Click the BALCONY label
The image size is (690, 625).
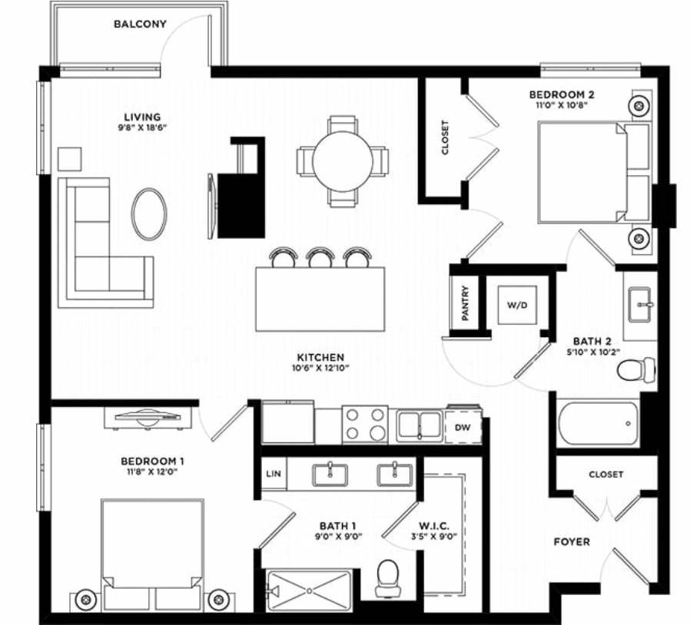[x=140, y=24]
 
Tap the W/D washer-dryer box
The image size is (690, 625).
[x=517, y=306]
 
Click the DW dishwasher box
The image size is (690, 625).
[x=463, y=428]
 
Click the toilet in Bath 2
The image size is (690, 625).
[x=636, y=369]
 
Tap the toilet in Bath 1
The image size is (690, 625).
[x=388, y=577]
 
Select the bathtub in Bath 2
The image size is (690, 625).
[x=599, y=423]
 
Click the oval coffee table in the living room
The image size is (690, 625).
[x=149, y=213]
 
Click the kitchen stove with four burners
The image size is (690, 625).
[x=365, y=425]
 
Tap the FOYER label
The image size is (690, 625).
[x=572, y=542]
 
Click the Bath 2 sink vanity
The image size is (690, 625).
[x=640, y=306]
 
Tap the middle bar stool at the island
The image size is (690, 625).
[x=319, y=256]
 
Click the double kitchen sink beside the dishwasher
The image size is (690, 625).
[x=420, y=426]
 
